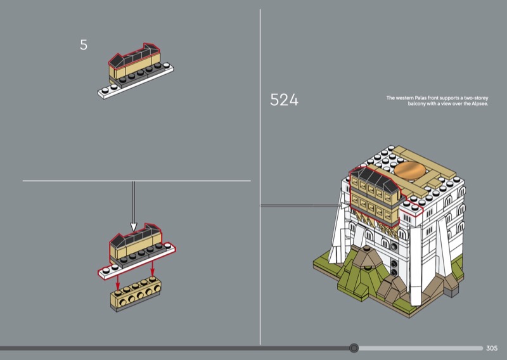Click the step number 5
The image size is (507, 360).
point(84,45)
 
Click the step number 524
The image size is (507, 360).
point(284,100)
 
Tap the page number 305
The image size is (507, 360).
point(492,348)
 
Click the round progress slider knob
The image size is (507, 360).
point(354,348)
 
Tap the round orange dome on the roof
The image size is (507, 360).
point(410,170)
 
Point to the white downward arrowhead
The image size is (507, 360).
point(134,227)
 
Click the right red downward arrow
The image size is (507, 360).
point(152,269)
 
